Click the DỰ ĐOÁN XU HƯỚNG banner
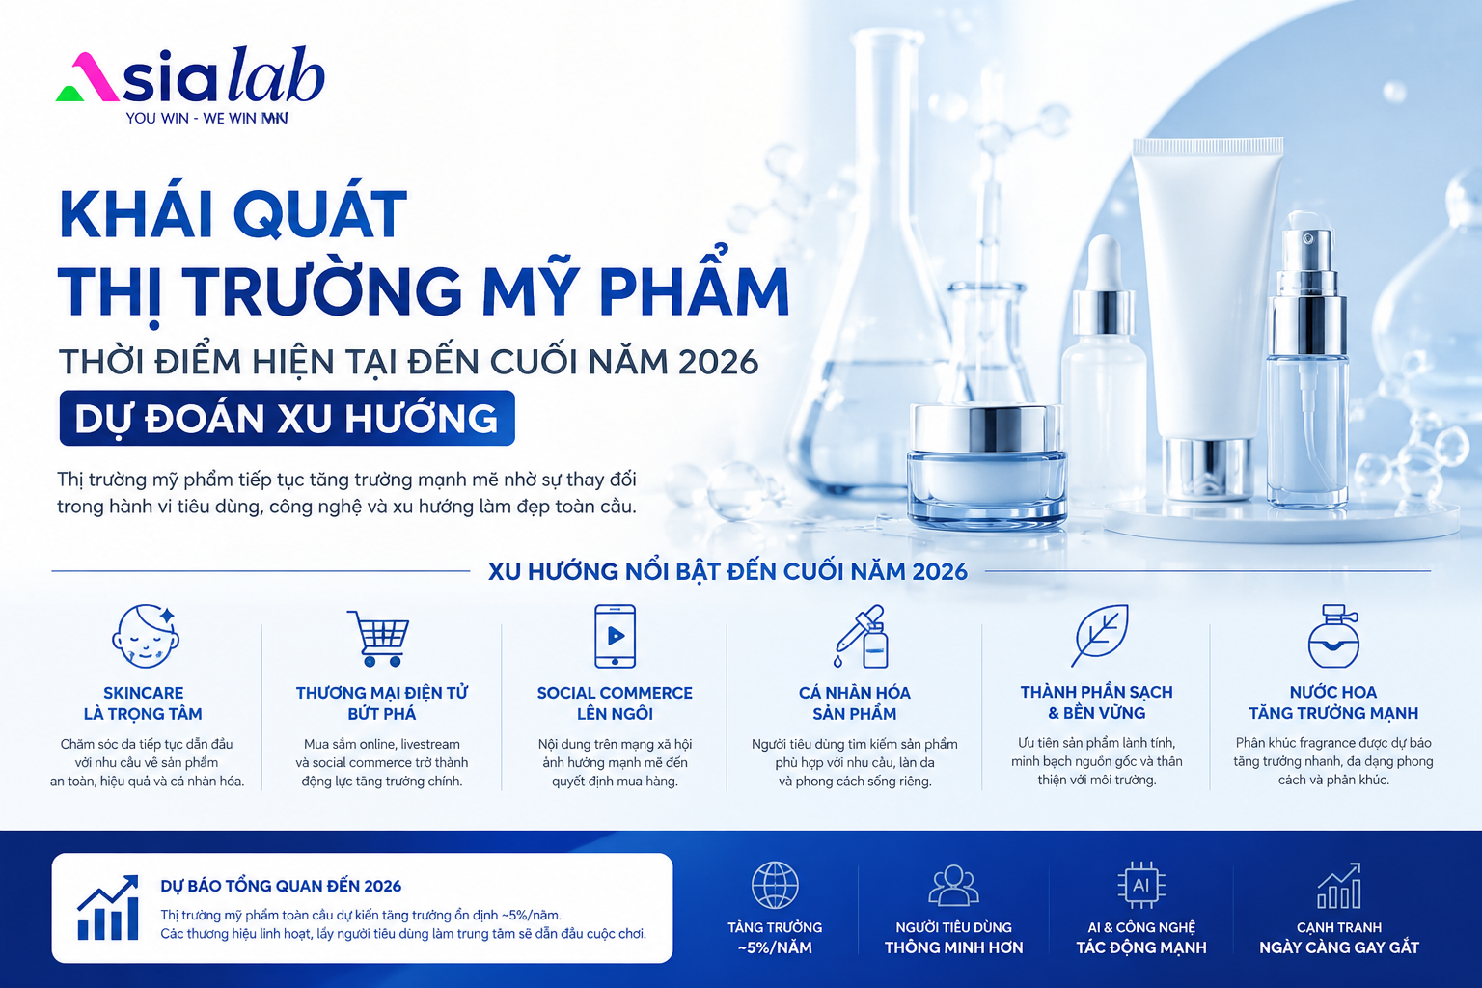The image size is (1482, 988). pos(288,418)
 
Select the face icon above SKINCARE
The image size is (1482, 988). pos(146,635)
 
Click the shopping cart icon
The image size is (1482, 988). pos(379,637)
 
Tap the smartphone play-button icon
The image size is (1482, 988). pos(616,636)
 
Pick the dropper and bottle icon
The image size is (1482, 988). pos(862,636)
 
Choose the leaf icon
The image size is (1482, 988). pos(1099,635)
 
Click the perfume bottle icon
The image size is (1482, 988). pos(1333,636)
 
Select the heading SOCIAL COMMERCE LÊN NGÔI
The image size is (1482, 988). pos(615,702)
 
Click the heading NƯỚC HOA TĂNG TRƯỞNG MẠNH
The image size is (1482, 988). pos(1333,702)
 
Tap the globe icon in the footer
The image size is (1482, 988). pos(775,885)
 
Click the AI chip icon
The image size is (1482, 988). pos(1141,885)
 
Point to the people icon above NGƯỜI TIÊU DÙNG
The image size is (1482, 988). pos(953,885)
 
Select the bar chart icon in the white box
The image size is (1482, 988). pos(108,907)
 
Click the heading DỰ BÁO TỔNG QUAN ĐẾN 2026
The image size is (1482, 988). pos(281,886)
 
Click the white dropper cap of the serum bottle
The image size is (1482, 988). pos(1103,262)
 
